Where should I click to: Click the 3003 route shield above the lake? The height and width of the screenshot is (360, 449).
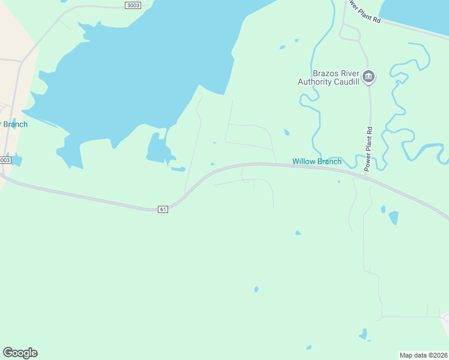coord(133,5)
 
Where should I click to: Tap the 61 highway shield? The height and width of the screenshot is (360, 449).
coord(163,209)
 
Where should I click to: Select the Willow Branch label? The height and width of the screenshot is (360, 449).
coord(316,161)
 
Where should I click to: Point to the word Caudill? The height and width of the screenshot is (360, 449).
coord(346,82)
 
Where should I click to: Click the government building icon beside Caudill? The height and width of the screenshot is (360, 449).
coord(369,77)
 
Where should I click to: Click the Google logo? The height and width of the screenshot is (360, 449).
coord(20,353)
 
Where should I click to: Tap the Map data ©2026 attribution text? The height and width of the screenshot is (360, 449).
coord(424,355)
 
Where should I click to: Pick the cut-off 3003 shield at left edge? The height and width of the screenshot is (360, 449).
coord(5,160)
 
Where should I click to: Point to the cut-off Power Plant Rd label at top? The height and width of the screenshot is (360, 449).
coord(364,11)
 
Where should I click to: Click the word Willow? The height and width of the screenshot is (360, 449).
coord(304,161)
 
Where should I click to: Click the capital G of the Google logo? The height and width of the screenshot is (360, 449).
coord(8,353)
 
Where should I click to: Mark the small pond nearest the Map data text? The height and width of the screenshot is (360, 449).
coord(364,334)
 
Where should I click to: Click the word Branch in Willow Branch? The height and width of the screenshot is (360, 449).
coord(329,161)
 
